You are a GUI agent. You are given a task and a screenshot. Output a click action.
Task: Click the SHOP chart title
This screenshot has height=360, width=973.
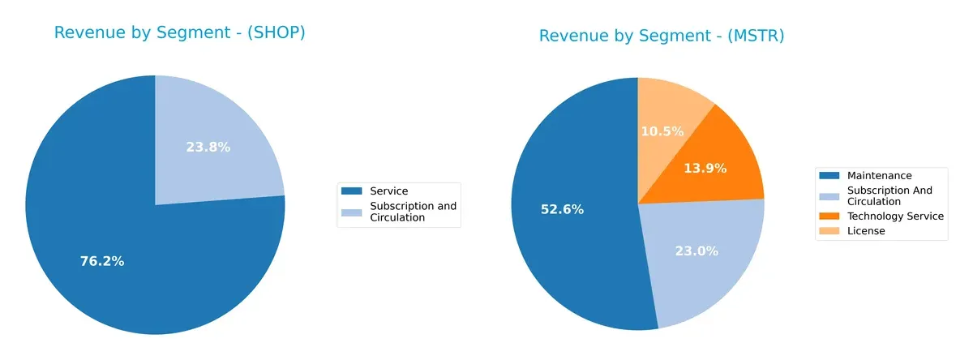179,33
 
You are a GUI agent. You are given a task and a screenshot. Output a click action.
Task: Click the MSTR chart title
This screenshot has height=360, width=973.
661,36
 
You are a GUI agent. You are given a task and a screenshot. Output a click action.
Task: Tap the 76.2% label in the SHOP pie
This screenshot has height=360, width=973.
102,261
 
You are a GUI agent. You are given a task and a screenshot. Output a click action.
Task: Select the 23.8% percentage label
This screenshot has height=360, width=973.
208,148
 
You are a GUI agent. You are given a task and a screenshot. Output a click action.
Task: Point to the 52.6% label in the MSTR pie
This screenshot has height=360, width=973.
563,209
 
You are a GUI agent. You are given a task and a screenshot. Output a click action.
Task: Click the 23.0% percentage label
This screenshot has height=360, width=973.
697,251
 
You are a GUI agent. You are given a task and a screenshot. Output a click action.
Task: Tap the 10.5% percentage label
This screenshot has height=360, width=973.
662,131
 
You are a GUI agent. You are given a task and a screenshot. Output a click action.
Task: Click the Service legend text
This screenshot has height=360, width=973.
388,191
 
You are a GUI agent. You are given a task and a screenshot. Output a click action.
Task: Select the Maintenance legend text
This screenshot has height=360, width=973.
879,176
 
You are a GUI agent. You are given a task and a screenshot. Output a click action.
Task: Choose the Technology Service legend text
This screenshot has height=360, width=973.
895,216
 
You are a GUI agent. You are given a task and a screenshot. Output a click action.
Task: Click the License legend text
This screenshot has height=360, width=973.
866,231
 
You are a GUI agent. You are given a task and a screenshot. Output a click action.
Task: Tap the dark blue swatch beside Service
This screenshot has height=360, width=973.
352,191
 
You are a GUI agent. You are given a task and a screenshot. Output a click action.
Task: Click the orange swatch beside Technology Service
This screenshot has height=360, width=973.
829,216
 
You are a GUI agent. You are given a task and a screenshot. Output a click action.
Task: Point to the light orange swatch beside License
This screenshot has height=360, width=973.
829,231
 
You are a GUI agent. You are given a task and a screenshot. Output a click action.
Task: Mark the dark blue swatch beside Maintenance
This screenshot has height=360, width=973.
829,176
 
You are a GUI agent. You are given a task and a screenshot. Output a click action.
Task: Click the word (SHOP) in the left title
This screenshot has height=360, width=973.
278,33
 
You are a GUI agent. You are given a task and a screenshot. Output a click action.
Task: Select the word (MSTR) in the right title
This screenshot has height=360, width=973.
757,36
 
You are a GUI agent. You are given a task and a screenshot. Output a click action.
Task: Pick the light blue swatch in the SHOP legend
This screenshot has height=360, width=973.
352,212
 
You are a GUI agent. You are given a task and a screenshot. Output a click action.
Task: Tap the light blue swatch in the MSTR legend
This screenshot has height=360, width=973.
829,196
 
